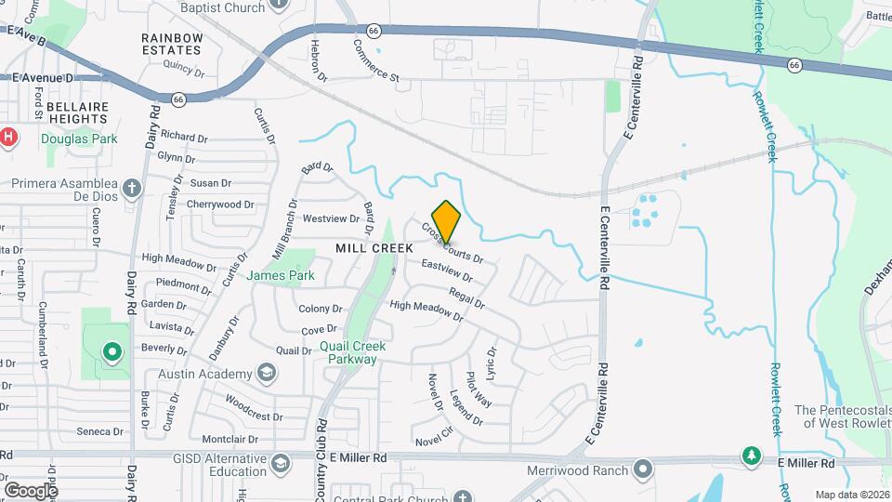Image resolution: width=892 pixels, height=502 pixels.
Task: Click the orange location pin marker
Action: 446,222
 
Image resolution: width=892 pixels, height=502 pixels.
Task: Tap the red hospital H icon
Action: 8,138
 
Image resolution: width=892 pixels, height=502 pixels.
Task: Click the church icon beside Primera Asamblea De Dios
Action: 132,188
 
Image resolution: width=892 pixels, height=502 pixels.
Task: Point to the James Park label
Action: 281,275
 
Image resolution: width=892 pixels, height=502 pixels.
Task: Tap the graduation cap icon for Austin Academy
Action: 268,374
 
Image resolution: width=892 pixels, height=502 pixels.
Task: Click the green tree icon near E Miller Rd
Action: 750,456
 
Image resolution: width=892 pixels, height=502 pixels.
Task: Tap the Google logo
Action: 31,490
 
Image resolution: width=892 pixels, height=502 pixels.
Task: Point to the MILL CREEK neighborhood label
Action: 374,248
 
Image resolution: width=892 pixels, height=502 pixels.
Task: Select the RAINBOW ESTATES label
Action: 172,43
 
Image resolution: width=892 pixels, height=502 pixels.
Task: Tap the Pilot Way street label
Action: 479,389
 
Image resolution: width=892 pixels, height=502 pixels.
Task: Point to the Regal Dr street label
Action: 466,297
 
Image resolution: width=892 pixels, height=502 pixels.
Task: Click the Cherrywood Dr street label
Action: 220,205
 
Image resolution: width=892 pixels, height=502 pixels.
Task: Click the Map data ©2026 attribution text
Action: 852,495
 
